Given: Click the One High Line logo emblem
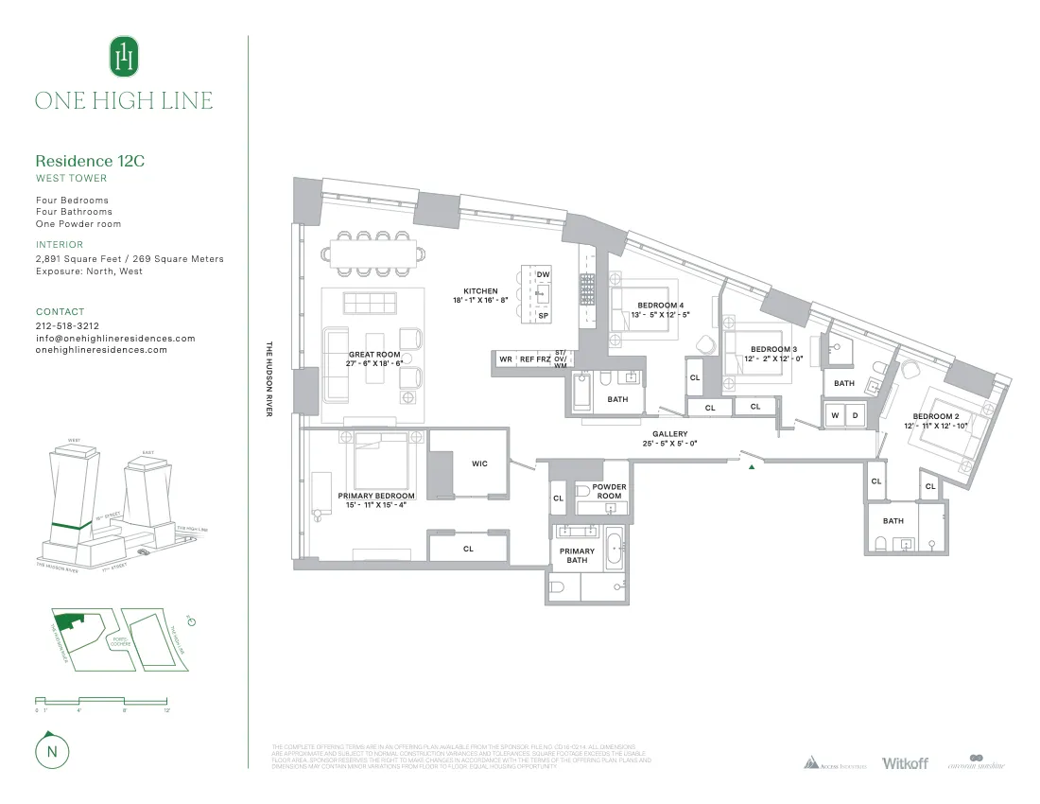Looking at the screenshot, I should pyautogui.click(x=124, y=57).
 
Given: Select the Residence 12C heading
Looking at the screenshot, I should pyautogui.click(x=90, y=161).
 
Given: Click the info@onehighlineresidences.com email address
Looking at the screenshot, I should pyautogui.click(x=115, y=338).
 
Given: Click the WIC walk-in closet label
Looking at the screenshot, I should pyautogui.click(x=479, y=463).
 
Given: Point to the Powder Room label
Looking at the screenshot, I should pyautogui.click(x=609, y=492).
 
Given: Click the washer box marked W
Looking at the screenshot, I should pyautogui.click(x=835, y=415).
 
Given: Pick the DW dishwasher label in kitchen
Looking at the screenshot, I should pyautogui.click(x=544, y=274).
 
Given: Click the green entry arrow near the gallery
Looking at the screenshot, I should pyautogui.click(x=752, y=466).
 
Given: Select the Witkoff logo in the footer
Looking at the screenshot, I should pyautogui.click(x=905, y=762).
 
